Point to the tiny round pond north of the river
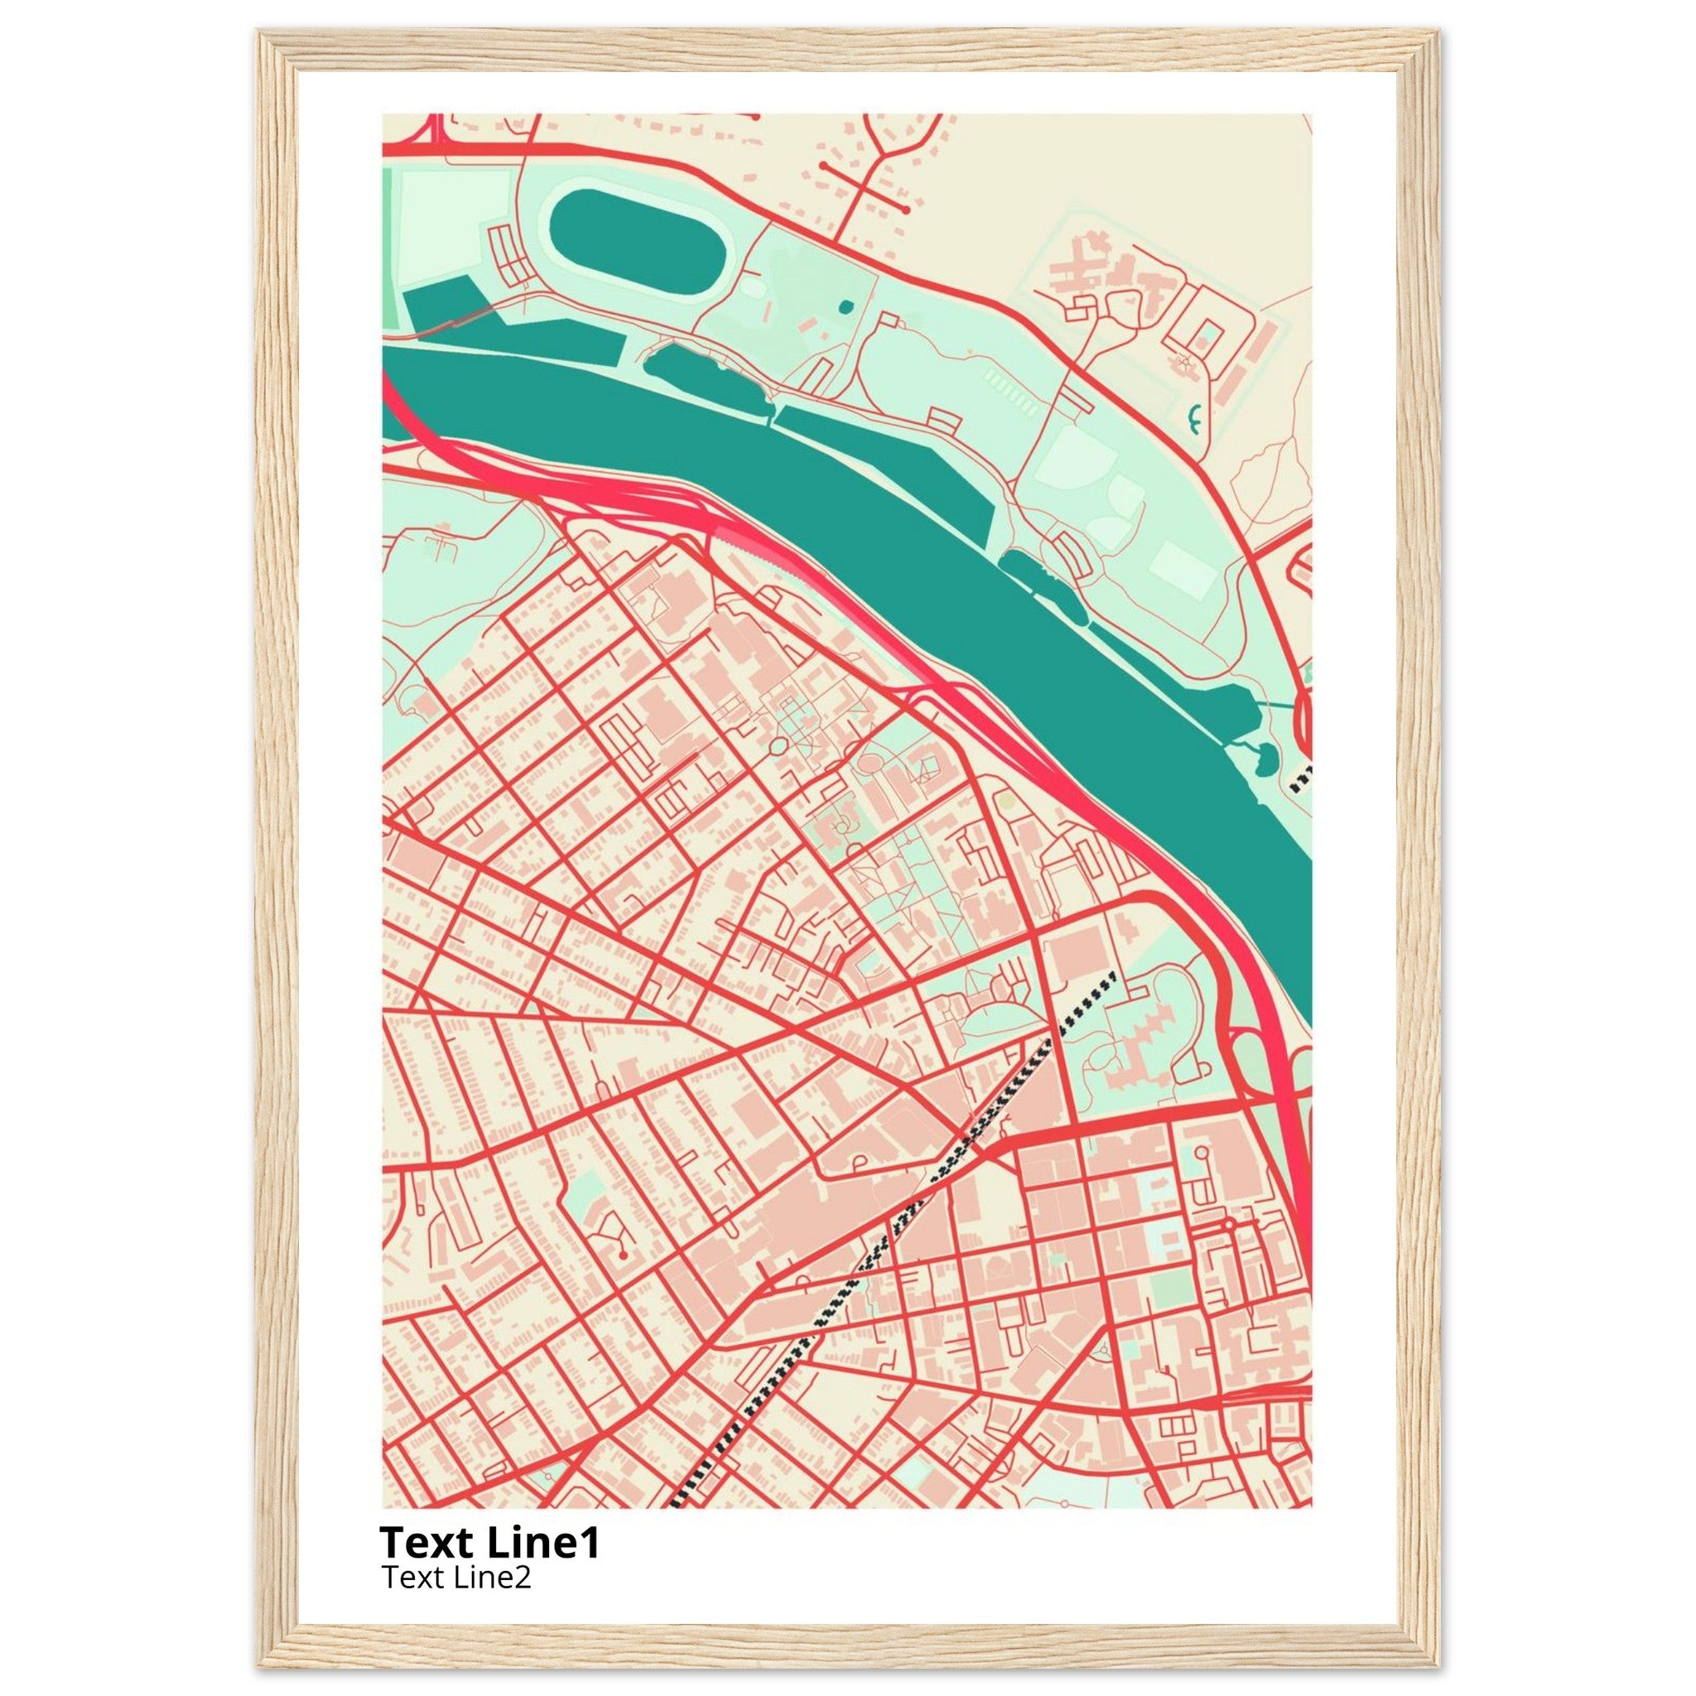tap(845, 306)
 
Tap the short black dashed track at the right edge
tap(1303, 776)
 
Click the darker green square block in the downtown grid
tap(1168, 1289)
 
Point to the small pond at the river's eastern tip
tap(1267, 757)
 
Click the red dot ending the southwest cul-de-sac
tap(623, 1256)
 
